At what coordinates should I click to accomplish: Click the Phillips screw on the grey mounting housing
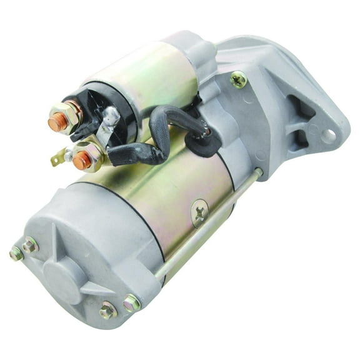tap(238, 79)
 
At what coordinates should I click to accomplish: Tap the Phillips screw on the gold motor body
tap(199, 212)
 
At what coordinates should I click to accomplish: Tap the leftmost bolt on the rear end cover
tap(16, 252)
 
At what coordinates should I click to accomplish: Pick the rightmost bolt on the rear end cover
tap(132, 303)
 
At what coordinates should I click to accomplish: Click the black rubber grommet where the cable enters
tap(202, 142)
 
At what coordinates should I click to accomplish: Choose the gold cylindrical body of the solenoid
tap(156, 69)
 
